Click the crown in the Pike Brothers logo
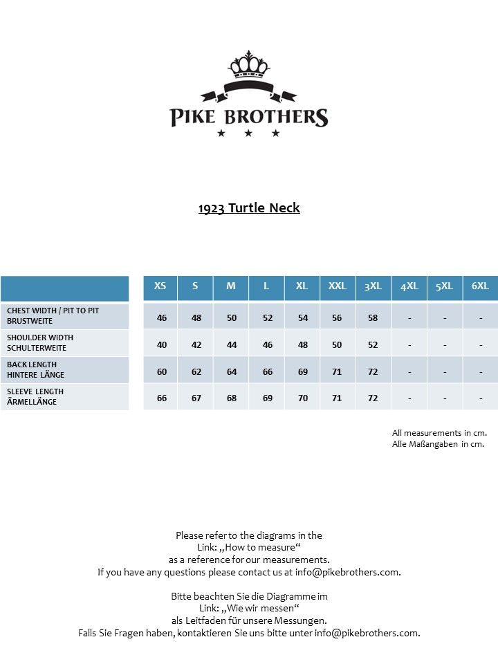pos(248,66)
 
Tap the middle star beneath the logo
pos(248,133)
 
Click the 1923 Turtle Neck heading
pos(249,207)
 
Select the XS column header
pos(160,286)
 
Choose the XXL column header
pos(338,286)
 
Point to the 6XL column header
pos(480,286)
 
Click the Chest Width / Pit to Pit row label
pos(53,316)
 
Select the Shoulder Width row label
pos(40,342)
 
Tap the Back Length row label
pos(36,369)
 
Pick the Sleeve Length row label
pos(35,396)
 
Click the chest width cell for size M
pos(232,318)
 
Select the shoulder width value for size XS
pos(162,344)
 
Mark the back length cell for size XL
pos(303,371)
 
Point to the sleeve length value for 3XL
pos(373,398)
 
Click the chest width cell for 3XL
pos(373,318)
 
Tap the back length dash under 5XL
pos(445,371)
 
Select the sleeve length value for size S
pos(196,398)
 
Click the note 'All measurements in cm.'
pos(439,433)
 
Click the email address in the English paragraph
pos(347,572)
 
